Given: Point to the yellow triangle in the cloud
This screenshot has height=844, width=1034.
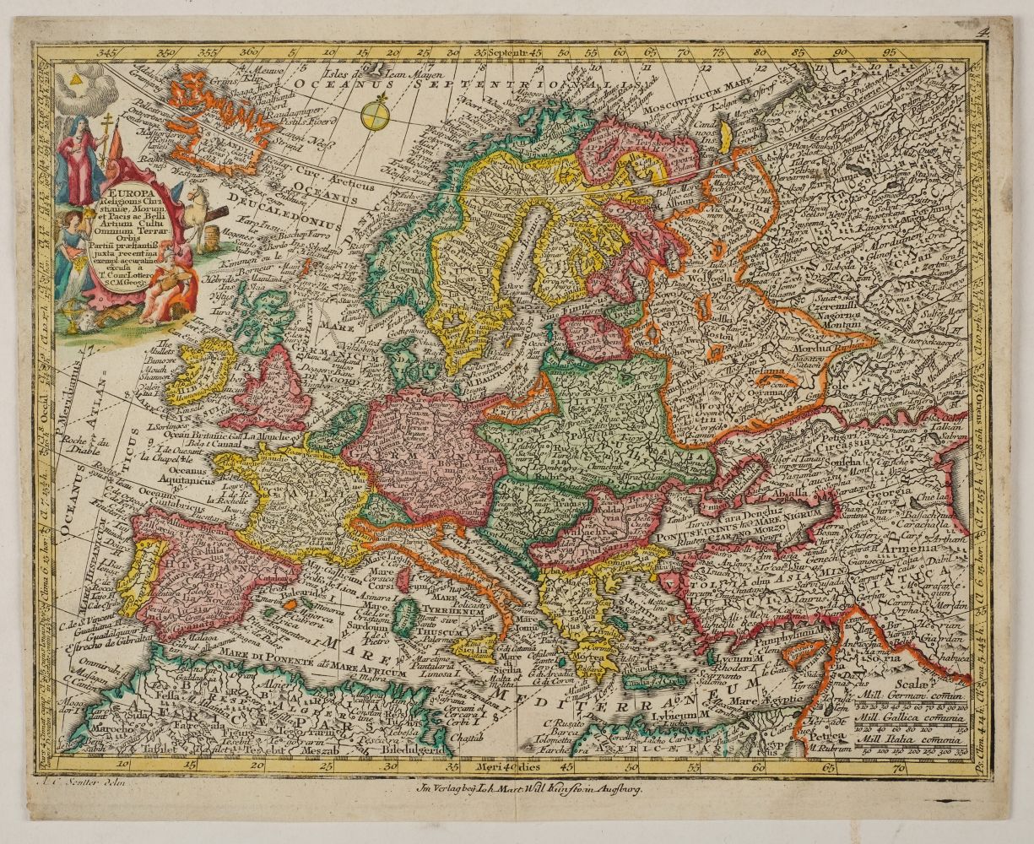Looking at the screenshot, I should point(74,77).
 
